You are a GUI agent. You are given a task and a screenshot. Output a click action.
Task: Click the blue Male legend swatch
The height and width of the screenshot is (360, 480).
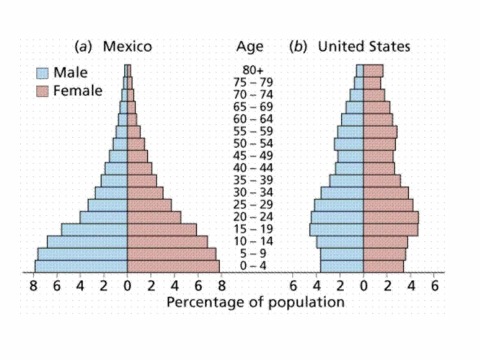tap(42, 73)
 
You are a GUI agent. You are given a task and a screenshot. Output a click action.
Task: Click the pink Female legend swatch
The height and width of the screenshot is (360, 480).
tap(42, 91)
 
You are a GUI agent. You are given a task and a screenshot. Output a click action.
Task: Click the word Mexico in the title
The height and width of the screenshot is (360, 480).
tap(127, 47)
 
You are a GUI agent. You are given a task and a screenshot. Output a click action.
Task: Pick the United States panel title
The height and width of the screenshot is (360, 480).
tap(364, 47)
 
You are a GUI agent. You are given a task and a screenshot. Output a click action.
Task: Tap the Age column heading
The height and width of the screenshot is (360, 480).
tap(249, 47)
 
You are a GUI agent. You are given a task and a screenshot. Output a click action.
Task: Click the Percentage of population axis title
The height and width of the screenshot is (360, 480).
tap(255, 302)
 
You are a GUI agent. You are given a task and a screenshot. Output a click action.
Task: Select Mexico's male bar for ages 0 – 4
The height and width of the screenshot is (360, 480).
tap(81, 266)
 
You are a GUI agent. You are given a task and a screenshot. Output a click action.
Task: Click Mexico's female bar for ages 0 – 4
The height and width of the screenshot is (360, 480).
tap(173, 266)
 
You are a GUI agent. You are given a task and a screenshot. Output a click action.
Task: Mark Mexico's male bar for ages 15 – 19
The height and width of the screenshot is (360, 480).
tap(94, 229)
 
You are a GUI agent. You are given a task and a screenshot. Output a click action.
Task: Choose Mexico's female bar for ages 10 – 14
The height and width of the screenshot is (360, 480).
tap(167, 241)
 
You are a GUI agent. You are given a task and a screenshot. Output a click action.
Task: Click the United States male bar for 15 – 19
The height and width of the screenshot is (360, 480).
tap(336, 229)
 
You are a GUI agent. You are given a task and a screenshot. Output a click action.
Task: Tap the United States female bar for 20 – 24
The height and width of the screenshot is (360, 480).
tap(390, 217)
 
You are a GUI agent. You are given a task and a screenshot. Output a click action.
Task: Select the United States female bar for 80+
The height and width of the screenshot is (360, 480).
tap(373, 70)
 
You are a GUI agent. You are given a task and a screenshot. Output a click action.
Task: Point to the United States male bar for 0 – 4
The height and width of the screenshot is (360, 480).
tap(342, 266)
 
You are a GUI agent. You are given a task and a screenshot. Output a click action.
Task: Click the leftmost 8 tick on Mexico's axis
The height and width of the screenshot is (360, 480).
tap(33, 286)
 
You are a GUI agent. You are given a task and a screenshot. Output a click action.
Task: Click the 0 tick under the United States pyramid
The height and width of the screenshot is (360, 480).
tap(363, 286)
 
